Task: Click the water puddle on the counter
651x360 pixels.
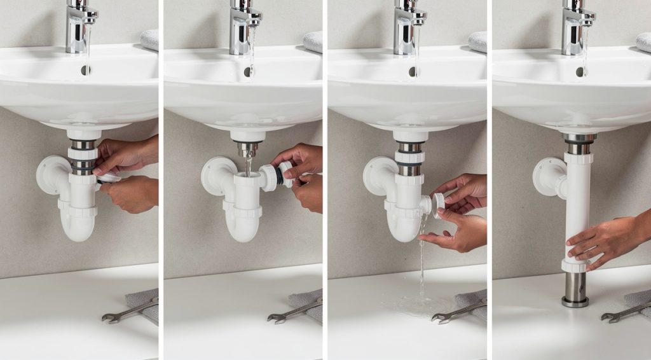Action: click(x=413, y=305)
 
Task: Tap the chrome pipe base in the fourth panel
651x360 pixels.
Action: click(x=575, y=289)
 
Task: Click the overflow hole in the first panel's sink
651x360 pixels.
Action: click(x=85, y=70)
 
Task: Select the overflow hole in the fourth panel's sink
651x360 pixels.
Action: click(x=579, y=72)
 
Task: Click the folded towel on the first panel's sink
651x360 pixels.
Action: click(x=149, y=39)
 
